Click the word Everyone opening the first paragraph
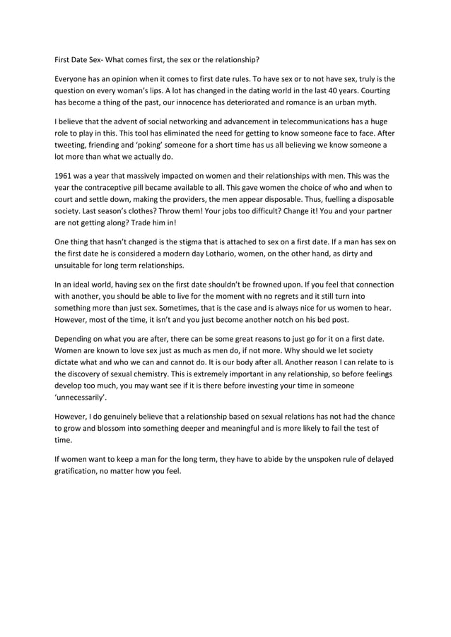(74, 78)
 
